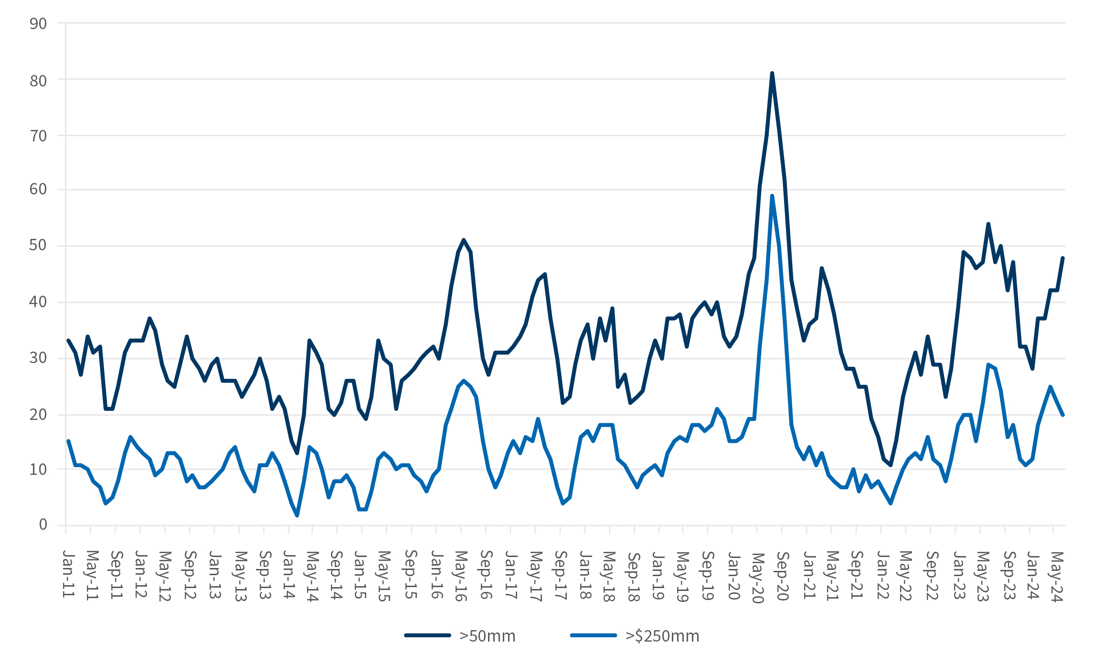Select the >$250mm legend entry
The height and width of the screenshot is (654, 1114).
pyautogui.click(x=662, y=636)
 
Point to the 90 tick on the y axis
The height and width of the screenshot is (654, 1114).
pyautogui.click(x=38, y=23)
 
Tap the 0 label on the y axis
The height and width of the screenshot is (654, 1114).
pyautogui.click(x=43, y=525)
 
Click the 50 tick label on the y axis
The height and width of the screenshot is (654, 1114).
pyautogui.click(x=38, y=246)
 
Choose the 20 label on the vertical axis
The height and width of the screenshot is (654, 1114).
pyautogui.click(x=38, y=414)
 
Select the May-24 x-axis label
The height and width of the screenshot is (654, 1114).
pyautogui.click(x=1057, y=577)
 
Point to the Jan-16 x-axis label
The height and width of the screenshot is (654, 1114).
pyautogui.click(x=436, y=574)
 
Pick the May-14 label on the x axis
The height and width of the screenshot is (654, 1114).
pyautogui.click(x=312, y=576)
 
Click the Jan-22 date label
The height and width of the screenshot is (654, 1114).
pyautogui.click(x=882, y=574)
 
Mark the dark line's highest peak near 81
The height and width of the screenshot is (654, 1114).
pyautogui.click(x=772, y=74)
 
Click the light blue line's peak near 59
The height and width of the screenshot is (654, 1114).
pyautogui.click(x=772, y=196)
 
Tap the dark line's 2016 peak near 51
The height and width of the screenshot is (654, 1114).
pyautogui.click(x=464, y=240)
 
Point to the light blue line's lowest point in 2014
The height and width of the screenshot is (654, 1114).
pyautogui.click(x=297, y=515)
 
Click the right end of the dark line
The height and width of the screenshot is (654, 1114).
pyautogui.click(x=1063, y=258)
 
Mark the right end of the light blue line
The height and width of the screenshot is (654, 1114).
pyautogui.click(x=1063, y=415)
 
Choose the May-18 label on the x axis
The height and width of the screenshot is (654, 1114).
pyautogui.click(x=608, y=576)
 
